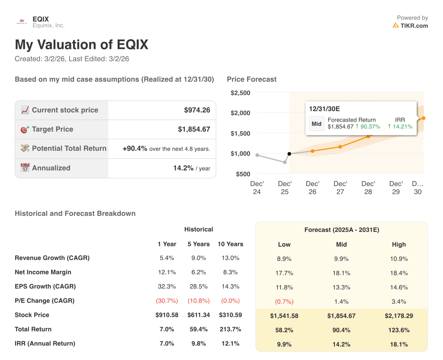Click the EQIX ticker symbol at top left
tap(41, 19)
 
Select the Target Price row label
tap(52, 129)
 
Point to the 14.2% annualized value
tap(183, 168)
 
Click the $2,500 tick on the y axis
tap(240, 93)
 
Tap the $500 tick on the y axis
tap(243, 174)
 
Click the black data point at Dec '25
tap(289, 154)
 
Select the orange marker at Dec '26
tap(313, 151)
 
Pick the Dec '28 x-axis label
tap(368, 188)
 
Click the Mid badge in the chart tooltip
tap(317, 124)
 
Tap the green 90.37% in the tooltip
tap(370, 127)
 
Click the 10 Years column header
tap(230, 244)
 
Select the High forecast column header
tap(398, 244)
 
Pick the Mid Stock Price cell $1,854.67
tap(341, 316)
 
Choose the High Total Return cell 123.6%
tap(398, 330)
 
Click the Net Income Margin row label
tap(43, 272)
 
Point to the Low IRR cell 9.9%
tap(284, 344)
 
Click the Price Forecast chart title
tap(251, 79)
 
